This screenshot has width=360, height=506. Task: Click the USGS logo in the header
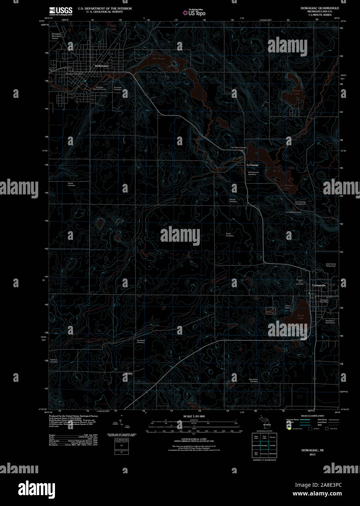(61, 11)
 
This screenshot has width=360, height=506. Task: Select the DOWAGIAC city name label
(102, 66)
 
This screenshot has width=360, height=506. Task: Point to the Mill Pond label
(158, 59)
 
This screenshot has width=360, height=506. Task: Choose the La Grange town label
(252, 165)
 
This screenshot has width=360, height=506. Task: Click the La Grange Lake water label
(287, 186)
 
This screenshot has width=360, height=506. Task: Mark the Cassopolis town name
(319, 285)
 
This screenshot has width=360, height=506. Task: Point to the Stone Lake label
(300, 317)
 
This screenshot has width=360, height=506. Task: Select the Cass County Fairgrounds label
(331, 265)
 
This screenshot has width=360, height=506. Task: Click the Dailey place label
(129, 374)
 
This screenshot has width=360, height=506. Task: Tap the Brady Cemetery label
(229, 235)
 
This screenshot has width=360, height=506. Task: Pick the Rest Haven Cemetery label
(253, 380)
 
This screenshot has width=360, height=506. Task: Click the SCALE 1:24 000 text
(194, 416)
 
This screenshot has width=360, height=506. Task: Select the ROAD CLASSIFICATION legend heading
(312, 416)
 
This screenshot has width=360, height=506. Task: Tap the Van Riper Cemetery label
(239, 148)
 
